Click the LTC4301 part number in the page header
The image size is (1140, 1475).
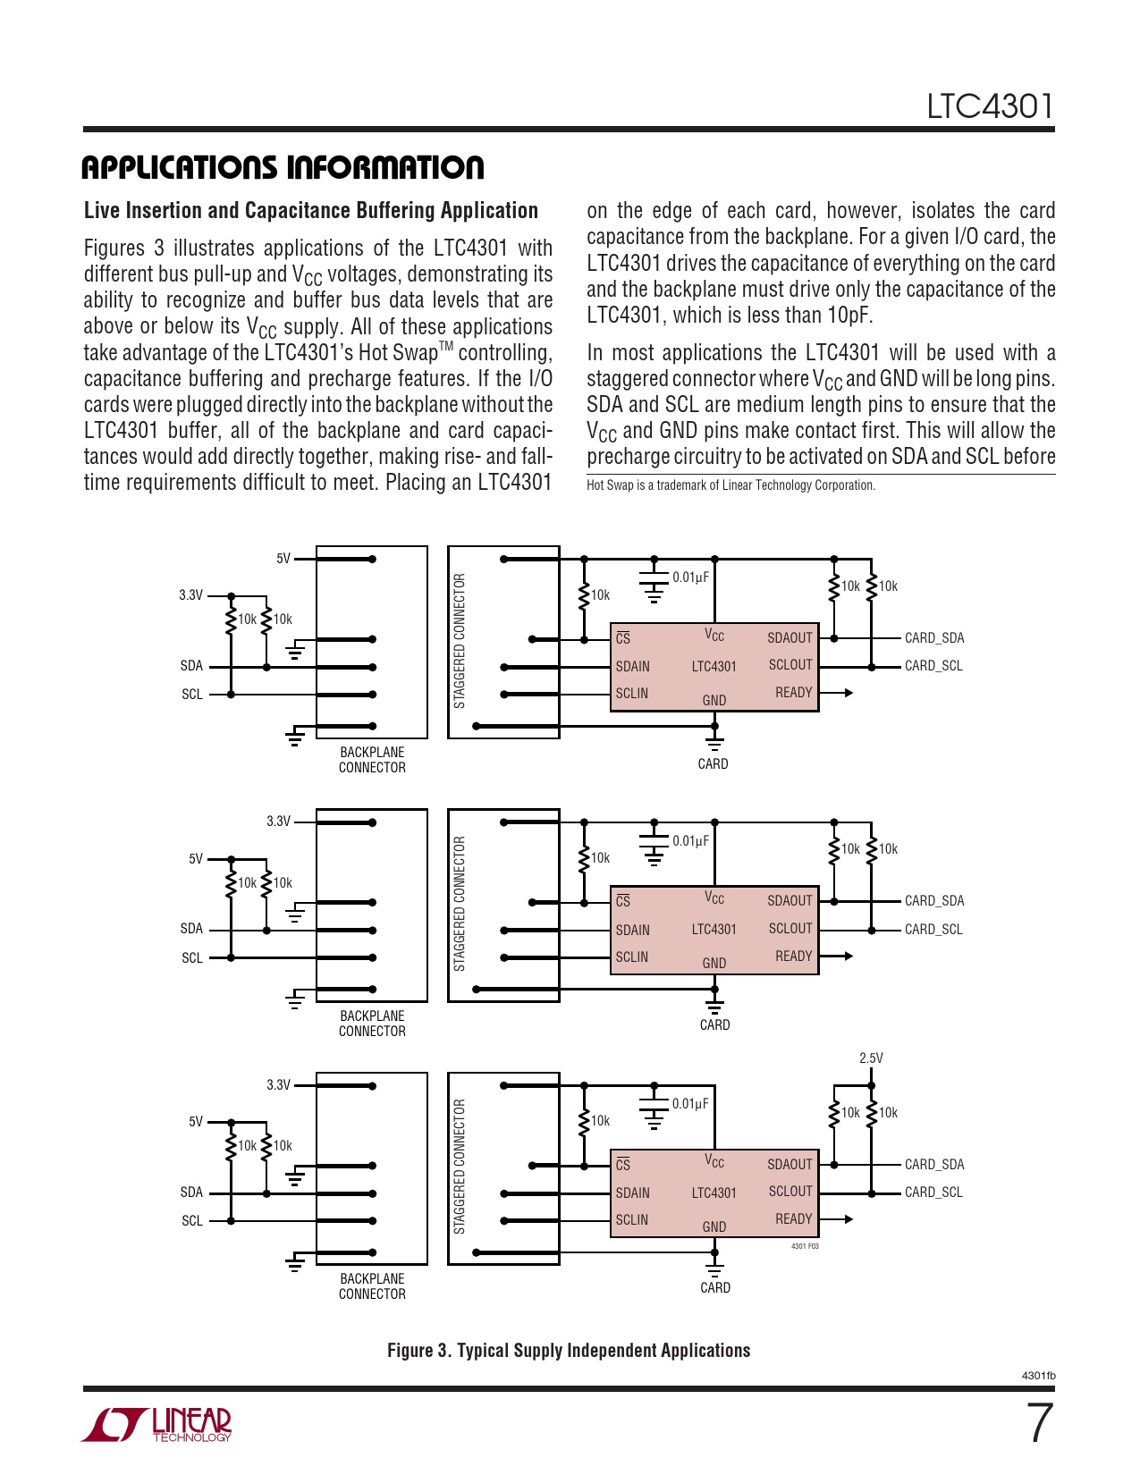click(990, 106)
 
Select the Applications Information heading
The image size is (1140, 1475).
click(283, 167)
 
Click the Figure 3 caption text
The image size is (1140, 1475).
click(569, 1350)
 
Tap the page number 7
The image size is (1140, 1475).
click(1039, 1423)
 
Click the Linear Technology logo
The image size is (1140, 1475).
click(157, 1424)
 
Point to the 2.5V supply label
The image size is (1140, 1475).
click(871, 1058)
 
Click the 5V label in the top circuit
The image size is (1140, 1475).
click(283, 559)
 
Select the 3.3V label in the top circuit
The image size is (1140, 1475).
click(190, 594)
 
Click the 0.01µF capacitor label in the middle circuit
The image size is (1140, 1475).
click(690, 840)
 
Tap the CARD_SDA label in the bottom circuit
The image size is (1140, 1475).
click(934, 1164)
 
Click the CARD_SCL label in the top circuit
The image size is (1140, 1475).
click(933, 666)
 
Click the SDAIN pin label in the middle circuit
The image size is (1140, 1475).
click(632, 930)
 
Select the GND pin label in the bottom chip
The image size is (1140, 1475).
click(714, 1226)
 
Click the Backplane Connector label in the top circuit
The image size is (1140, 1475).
click(372, 760)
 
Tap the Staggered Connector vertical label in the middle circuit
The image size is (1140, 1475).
click(460, 904)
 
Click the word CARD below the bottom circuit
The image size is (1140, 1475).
click(715, 1287)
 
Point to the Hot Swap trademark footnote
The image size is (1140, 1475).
click(730, 485)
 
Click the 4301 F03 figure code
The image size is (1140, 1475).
click(805, 1245)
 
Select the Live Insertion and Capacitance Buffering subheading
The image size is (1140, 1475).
click(311, 210)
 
